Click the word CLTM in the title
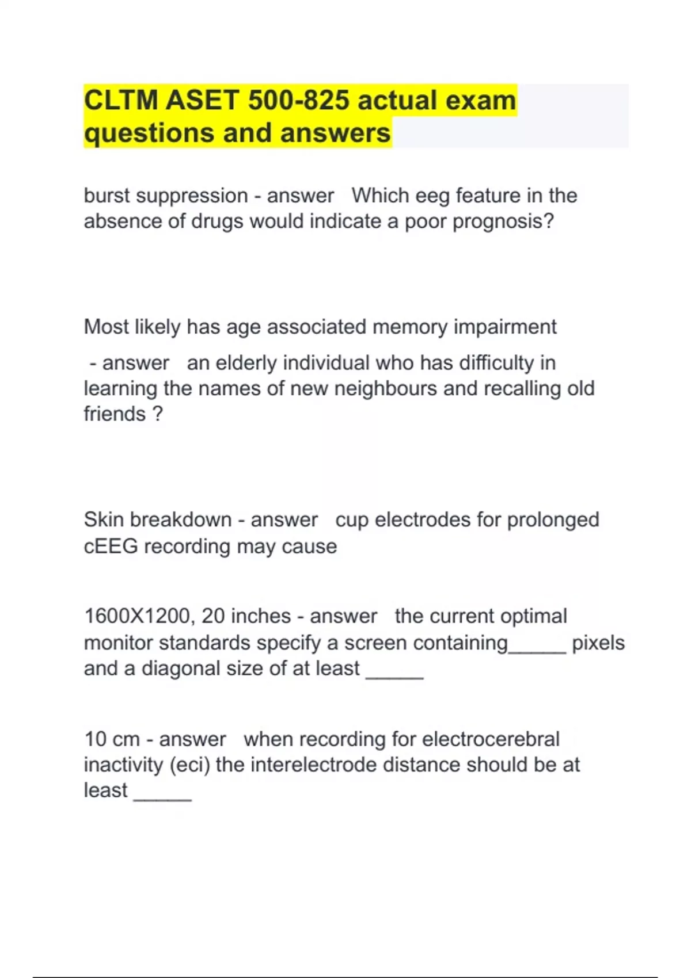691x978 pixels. (x=120, y=101)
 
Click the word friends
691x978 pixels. (x=115, y=414)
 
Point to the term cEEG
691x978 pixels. (x=111, y=546)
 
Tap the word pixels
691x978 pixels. (x=598, y=643)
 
